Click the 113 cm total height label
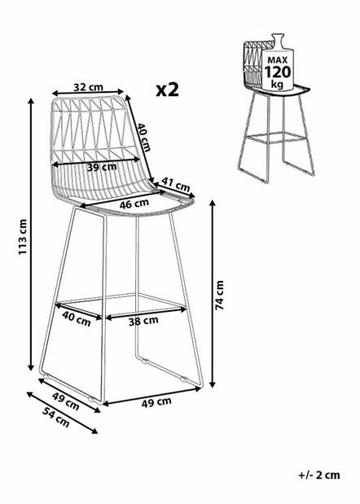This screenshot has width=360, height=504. point(23,237)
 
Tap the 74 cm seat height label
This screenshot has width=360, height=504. point(220,295)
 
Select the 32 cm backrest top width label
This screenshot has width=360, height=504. point(89,87)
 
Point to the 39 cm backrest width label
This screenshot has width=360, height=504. point(102,167)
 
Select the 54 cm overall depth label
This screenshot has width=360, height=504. point(56,417)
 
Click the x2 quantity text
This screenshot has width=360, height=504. point(167,90)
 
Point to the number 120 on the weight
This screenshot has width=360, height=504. point(278,72)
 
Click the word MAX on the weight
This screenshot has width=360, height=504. point(278,59)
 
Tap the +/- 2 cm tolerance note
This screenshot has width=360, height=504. point(318,475)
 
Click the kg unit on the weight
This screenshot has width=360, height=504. point(277,84)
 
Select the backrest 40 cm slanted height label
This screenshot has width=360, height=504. point(143,138)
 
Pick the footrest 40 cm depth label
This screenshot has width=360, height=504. point(77,318)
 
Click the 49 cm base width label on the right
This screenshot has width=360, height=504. point(156,402)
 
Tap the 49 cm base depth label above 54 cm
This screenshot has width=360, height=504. point(66,401)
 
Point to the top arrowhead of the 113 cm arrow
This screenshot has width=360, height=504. point(31,101)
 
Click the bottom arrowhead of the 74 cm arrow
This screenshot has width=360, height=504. point(212,383)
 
